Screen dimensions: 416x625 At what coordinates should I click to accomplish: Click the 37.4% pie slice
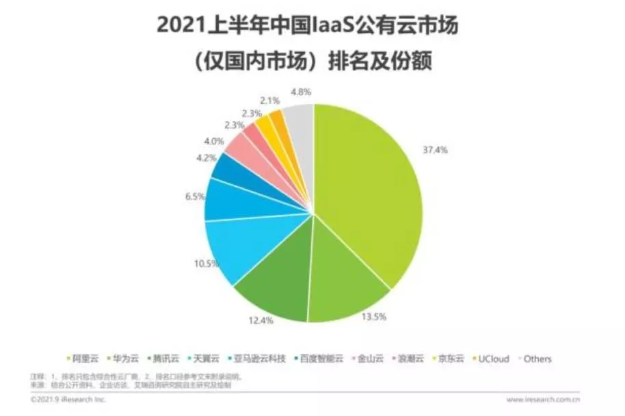(369, 192)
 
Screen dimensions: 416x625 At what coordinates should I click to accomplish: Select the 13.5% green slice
(342, 287)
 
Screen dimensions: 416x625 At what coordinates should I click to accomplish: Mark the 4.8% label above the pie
(302, 91)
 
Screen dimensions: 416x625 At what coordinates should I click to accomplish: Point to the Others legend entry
(537, 359)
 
